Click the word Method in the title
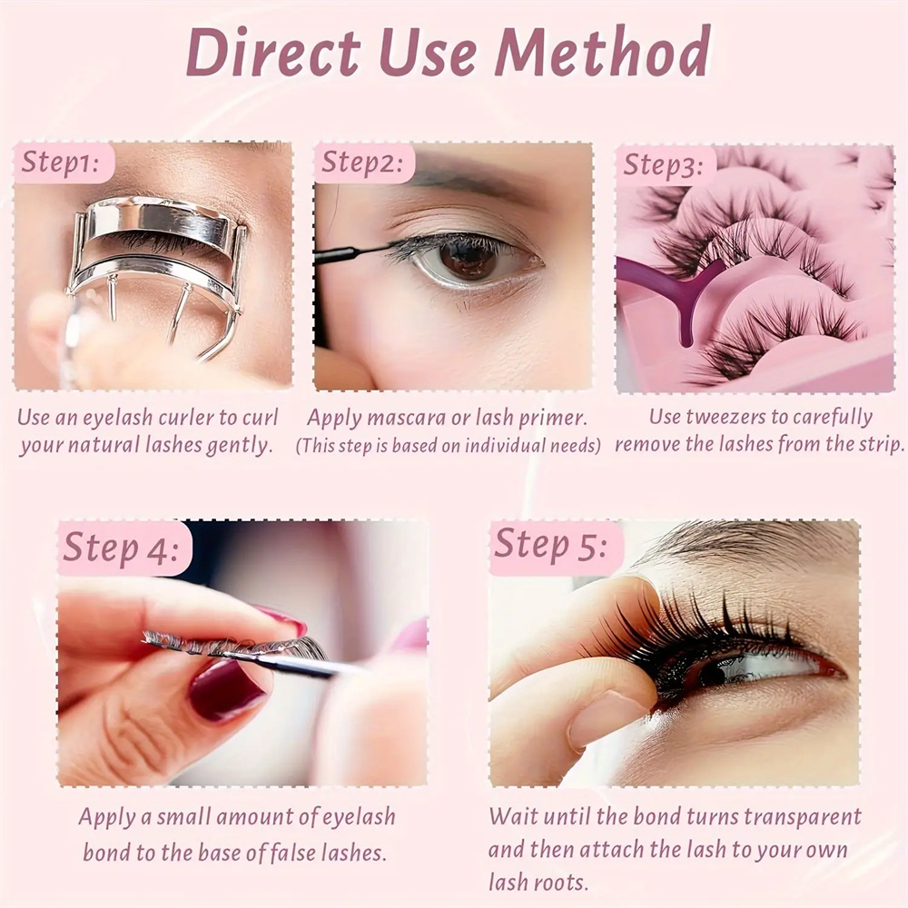coord(602,52)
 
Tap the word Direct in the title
coord(273,52)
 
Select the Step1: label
coord(60,163)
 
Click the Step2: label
coord(362,163)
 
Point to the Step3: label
coord(663,165)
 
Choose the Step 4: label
coord(121,547)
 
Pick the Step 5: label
coord(551,544)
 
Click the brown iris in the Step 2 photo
coord(468,260)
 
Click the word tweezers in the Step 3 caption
coord(731,417)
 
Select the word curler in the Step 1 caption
coord(186,418)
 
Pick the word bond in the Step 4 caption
coord(106,853)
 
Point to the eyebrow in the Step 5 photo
coord(747,541)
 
